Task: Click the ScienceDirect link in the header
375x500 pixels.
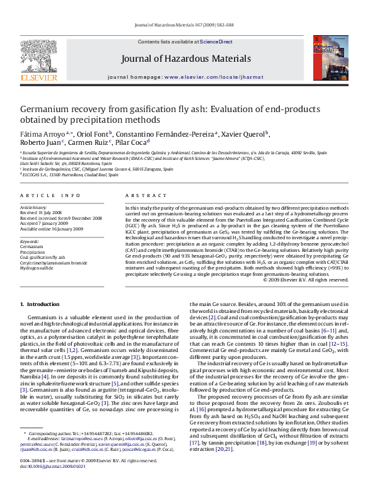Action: [216, 42]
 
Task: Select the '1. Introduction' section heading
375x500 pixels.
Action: [40, 304]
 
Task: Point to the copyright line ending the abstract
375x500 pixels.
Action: [305, 280]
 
